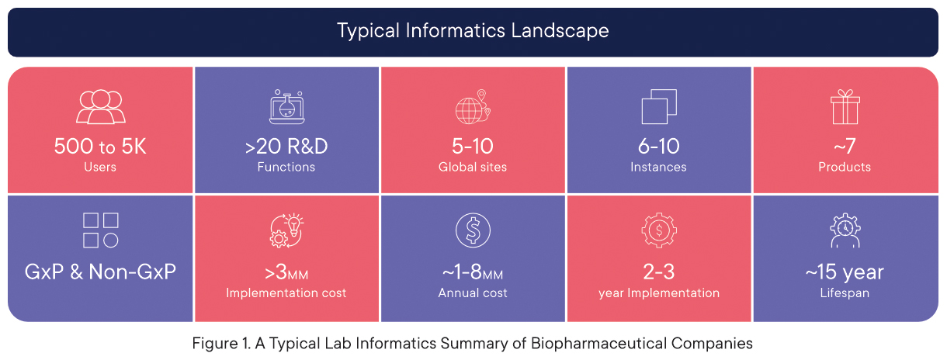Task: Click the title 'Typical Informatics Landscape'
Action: pyautogui.click(x=473, y=31)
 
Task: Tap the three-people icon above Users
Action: pyautogui.click(x=101, y=106)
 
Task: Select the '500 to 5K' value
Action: pyautogui.click(x=100, y=147)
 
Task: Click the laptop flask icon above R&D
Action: pyautogui.click(x=287, y=106)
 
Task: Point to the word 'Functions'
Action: pyautogui.click(x=286, y=167)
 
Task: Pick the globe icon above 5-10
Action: pyautogui.click(x=473, y=106)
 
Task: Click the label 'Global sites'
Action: pyautogui.click(x=473, y=167)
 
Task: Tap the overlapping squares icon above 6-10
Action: pyautogui.click(x=659, y=106)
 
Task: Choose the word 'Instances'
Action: pyautogui.click(x=659, y=167)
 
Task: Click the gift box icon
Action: pyautogui.click(x=845, y=106)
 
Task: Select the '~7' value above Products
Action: pyautogui.click(x=845, y=147)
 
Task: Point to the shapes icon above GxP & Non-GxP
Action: pyautogui.click(x=101, y=230)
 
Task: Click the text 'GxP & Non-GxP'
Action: pyautogui.click(x=101, y=272)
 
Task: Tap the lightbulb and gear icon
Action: pyautogui.click(x=287, y=230)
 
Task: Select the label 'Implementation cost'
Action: pyautogui.click(x=286, y=292)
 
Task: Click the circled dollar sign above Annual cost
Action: pyautogui.click(x=473, y=230)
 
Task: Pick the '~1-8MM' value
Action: pyautogui.click(x=473, y=272)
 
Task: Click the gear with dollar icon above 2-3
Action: pyautogui.click(x=659, y=230)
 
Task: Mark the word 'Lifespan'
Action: pyautogui.click(x=845, y=292)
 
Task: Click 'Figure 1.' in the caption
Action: pyautogui.click(x=221, y=343)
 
